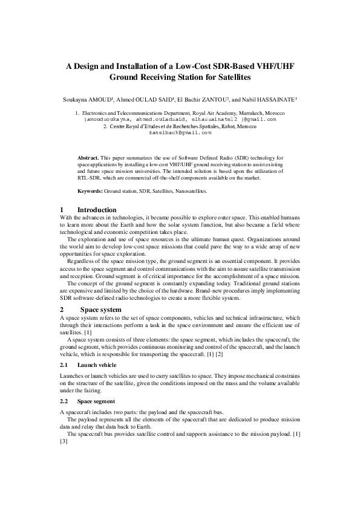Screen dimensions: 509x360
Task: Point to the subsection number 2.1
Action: pos(65,365)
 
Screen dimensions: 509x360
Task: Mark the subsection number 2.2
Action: pos(65,401)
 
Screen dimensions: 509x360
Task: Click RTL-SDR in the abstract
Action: pos(90,178)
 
